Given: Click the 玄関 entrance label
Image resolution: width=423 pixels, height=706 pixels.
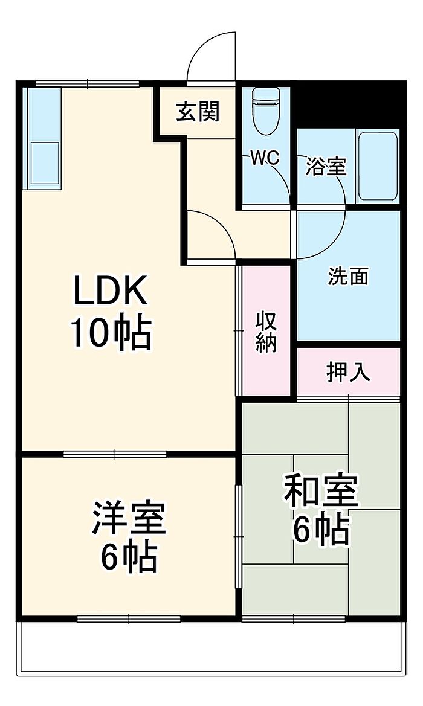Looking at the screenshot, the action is coord(198,111).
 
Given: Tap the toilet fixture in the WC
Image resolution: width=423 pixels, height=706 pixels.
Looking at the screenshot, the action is coord(266,111).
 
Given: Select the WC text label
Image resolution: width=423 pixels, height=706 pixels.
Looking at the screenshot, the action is coord(265,158).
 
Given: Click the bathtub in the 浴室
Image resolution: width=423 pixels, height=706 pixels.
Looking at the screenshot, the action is coord(378,166).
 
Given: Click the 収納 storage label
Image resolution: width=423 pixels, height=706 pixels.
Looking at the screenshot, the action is coord(266,332).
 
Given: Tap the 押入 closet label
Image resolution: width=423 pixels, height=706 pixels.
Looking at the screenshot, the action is coord(348,373).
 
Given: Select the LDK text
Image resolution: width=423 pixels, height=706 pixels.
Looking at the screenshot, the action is coord(110,290).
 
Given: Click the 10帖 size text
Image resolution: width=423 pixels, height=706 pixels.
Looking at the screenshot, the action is coord(110,333).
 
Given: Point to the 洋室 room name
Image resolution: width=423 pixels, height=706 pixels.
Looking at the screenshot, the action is coord(129,518).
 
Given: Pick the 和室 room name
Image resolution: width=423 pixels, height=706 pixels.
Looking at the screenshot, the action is coord(321,490).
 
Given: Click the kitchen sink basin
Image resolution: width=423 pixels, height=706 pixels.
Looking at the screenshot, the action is coord(45,163).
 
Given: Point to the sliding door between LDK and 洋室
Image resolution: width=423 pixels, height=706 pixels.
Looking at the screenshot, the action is coord(115,454).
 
